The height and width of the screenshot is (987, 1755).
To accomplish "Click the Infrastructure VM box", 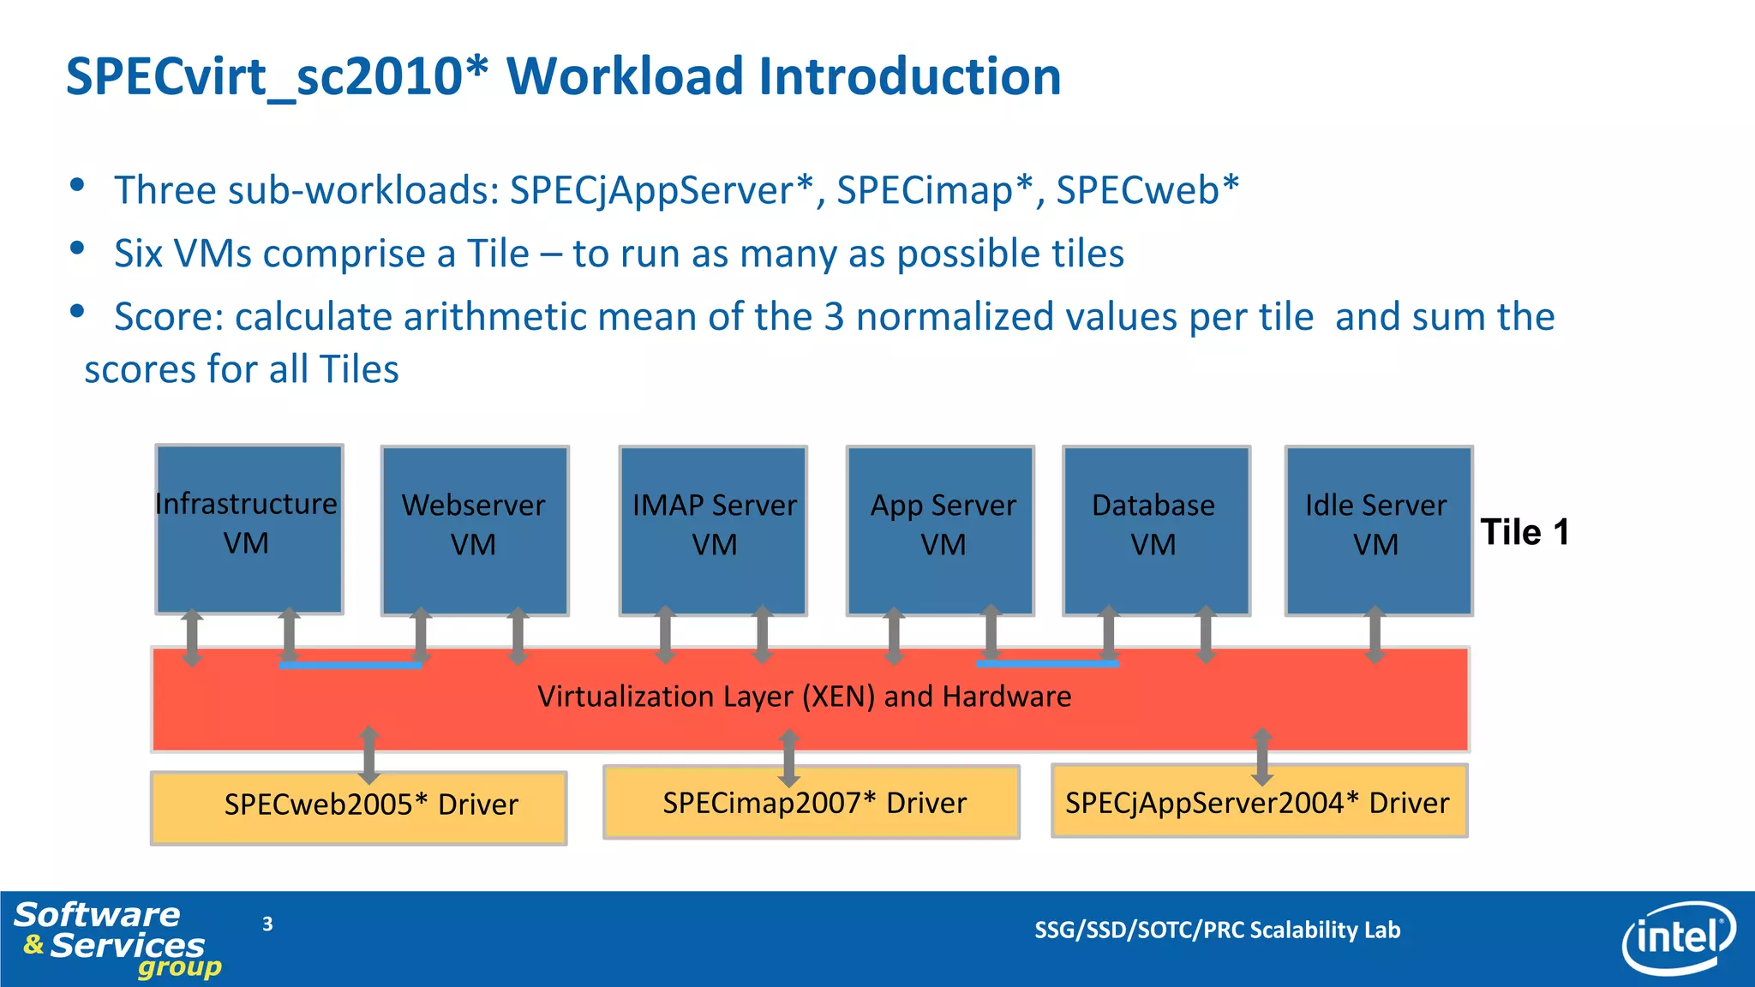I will (249, 529).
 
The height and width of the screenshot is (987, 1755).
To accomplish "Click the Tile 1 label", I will (1524, 532).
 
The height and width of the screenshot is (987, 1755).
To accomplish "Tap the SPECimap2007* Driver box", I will (811, 802).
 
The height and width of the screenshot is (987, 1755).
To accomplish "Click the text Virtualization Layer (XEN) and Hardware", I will (804, 697).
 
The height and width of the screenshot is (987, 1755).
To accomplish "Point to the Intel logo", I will (1678, 937).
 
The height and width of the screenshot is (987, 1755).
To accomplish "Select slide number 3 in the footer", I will (267, 924).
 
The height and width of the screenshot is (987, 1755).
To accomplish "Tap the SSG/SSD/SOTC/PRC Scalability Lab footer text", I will (1217, 930).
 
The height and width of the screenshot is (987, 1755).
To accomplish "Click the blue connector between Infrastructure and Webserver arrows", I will (350, 665).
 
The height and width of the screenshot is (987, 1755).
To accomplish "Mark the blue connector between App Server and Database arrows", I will (1047, 663).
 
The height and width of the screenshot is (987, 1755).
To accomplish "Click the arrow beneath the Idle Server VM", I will (1375, 635).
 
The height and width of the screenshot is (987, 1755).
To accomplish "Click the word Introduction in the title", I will (910, 76).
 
